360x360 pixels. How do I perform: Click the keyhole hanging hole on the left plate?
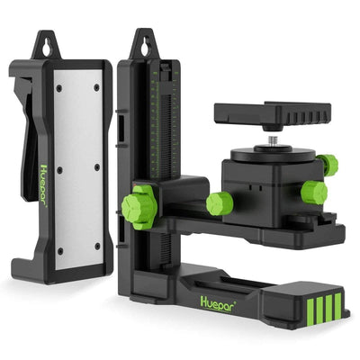coord(45,43)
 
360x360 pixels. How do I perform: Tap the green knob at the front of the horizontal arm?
coord(219,202)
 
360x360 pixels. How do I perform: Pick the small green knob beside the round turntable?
coord(327,165)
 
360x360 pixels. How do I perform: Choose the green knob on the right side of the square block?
coord(314,192)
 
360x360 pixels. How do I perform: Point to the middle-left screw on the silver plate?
coord(58,168)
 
